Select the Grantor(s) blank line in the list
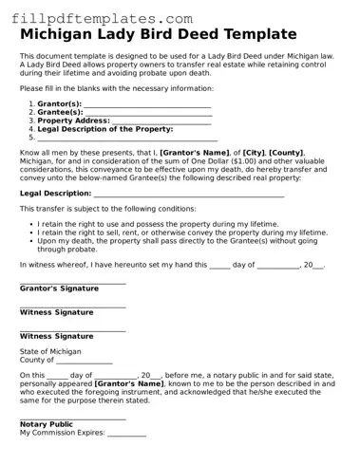click(x=147, y=105)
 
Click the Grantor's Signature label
click(x=61, y=288)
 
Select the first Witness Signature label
click(x=57, y=312)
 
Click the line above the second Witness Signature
click(x=72, y=329)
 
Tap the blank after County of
click(x=85, y=362)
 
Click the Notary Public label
click(x=47, y=424)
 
